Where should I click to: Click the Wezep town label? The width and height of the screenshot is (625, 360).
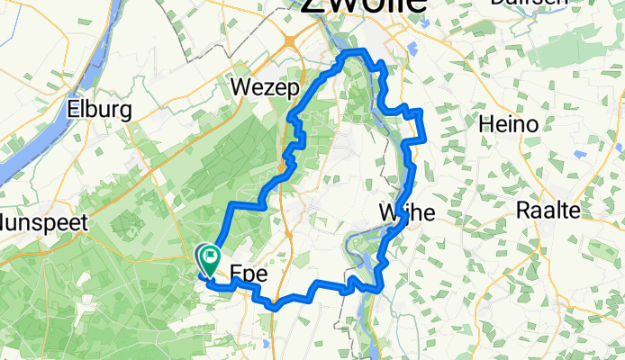(x=258, y=88)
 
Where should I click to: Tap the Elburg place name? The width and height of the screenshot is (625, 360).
(x=100, y=110)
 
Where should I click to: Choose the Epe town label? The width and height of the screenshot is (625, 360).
(x=251, y=274)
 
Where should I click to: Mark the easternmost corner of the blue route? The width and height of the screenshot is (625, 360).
(x=421, y=112)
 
